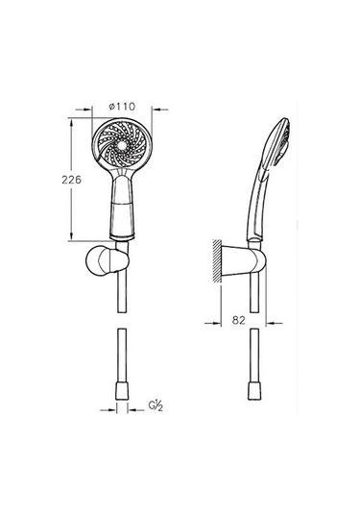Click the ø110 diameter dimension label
pyautogui.click(x=122, y=107)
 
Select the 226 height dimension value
pyautogui.click(x=71, y=180)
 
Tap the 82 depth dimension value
pyautogui.click(x=238, y=320)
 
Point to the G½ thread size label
pyautogui.click(x=156, y=405)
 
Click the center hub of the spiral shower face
pyautogui.click(x=123, y=144)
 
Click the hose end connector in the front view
pyautogui.click(x=122, y=391)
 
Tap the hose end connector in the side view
pyautogui.click(x=254, y=391)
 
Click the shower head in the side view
pyautogui.click(x=276, y=143)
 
